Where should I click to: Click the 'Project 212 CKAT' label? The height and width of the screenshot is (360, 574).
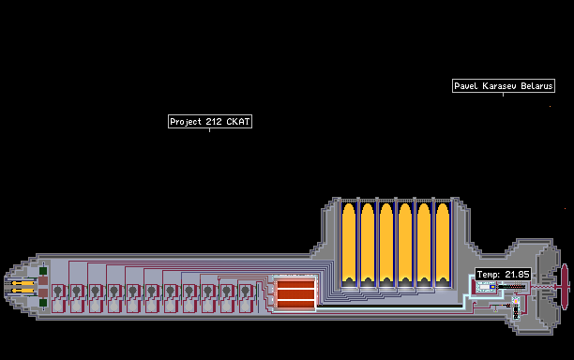point(210,122)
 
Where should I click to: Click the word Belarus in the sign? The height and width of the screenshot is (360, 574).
point(536,86)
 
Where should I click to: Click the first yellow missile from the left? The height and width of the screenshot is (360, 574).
point(349,245)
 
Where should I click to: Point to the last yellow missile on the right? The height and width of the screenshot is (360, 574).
point(443,245)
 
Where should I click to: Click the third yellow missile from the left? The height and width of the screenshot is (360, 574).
point(386,245)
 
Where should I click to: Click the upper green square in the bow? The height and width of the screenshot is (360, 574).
point(43,271)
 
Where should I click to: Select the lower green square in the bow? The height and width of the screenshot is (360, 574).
point(43,303)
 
